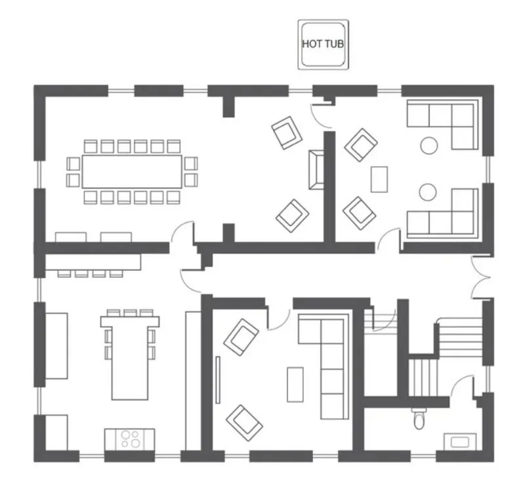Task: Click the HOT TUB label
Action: [x=323, y=44]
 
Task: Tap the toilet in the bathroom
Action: [x=419, y=419]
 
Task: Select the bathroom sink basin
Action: [x=460, y=442]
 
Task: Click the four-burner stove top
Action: [x=130, y=439]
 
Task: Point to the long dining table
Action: [x=132, y=171]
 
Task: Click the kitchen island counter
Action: [x=130, y=358]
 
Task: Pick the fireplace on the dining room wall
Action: [x=316, y=170]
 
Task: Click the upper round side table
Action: [x=429, y=146]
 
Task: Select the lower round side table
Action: [x=428, y=192]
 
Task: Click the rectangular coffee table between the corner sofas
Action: [x=379, y=180]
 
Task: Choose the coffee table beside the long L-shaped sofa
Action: [x=295, y=385]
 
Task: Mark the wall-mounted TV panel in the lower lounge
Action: [x=218, y=380]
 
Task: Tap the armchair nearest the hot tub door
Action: [x=287, y=133]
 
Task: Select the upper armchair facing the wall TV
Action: [x=241, y=337]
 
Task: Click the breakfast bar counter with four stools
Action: [x=93, y=262]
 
